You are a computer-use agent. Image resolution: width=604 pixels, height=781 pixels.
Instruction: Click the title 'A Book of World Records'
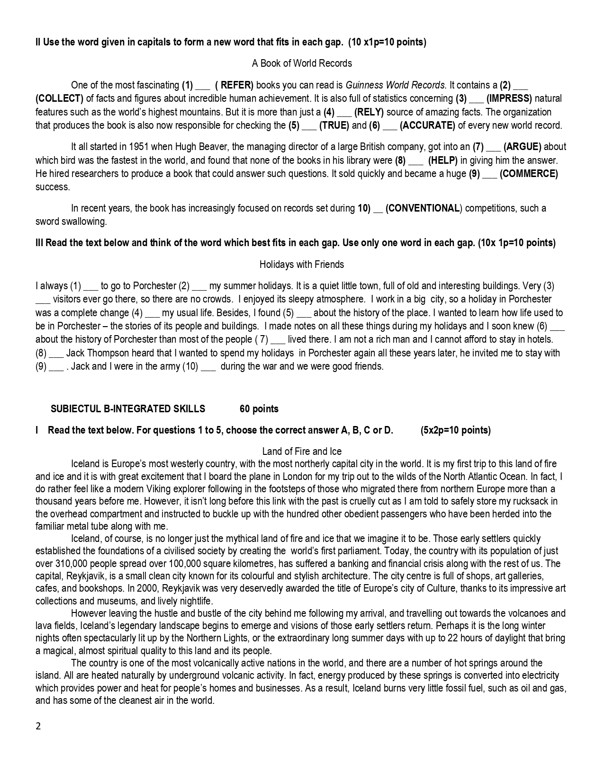click(x=302, y=63)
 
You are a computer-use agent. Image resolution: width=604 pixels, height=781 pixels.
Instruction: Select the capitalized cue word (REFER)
click(x=234, y=85)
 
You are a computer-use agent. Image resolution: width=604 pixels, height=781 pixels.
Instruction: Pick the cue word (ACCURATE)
click(x=427, y=125)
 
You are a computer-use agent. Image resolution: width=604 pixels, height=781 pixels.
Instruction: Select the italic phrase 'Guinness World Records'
click(x=395, y=85)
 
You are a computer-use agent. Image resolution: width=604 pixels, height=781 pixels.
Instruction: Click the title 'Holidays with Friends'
click(x=302, y=265)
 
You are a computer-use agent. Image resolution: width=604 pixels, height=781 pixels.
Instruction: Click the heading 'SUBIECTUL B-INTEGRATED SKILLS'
click(x=128, y=409)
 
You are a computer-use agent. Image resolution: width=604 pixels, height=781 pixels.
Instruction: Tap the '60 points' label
click(x=259, y=409)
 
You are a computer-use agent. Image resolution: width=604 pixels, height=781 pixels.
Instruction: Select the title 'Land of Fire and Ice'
click(x=302, y=452)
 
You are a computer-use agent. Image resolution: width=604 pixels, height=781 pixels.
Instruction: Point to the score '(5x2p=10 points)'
click(x=456, y=430)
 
